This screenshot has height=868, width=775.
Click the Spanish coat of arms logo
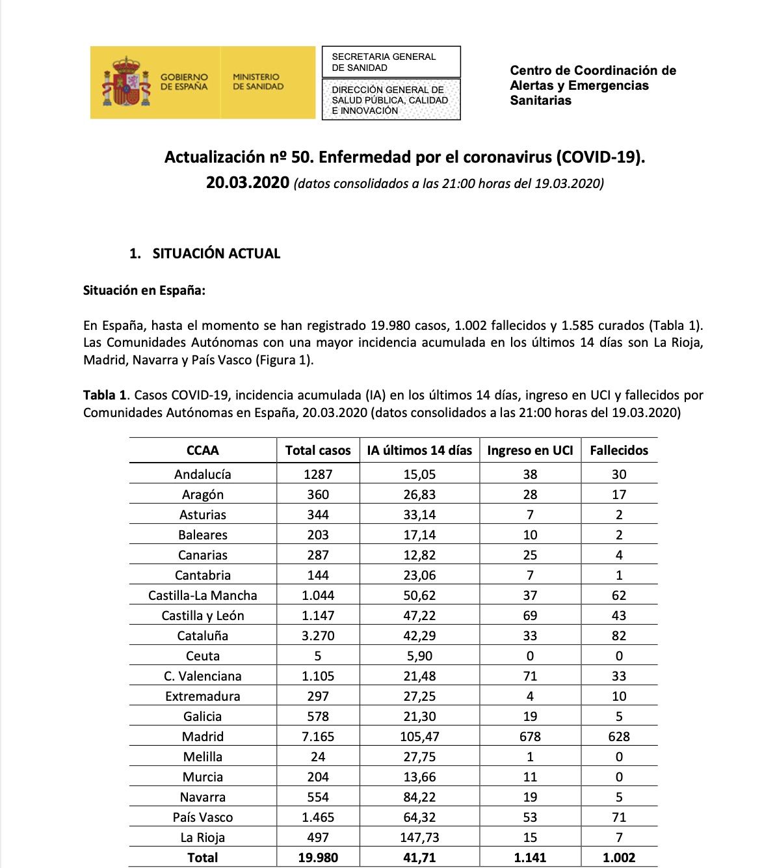click(126, 82)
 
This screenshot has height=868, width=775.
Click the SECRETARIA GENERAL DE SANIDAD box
click(391, 62)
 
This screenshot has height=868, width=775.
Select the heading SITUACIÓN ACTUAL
click(216, 254)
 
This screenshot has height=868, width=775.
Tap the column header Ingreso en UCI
click(530, 450)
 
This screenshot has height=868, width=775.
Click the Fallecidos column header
click(619, 450)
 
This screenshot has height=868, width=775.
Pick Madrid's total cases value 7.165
click(318, 737)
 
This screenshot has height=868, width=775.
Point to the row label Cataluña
click(203, 636)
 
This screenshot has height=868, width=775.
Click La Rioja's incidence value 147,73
click(419, 837)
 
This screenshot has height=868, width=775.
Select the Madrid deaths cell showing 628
click(619, 737)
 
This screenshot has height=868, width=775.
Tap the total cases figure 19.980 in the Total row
click(318, 858)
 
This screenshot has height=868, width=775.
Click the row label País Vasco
click(203, 817)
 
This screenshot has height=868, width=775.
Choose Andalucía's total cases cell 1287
click(318, 474)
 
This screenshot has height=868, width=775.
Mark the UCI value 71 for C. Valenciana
click(530, 676)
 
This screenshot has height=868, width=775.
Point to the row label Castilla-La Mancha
click(203, 595)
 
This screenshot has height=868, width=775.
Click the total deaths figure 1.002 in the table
click(619, 858)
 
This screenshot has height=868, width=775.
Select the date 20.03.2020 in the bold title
click(248, 183)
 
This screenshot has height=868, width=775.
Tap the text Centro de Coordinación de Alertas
click(592, 78)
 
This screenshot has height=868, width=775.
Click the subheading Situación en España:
click(144, 291)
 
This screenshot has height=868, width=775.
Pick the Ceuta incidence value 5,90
click(419, 656)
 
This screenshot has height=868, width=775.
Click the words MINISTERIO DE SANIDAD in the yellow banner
click(258, 81)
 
